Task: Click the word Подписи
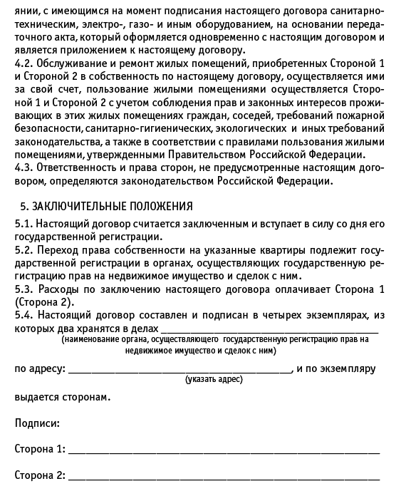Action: [37, 423]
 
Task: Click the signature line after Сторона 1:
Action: [224, 452]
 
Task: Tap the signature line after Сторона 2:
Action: [224, 477]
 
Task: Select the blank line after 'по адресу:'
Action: [179, 371]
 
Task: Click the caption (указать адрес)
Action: [213, 379]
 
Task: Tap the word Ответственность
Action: [76, 168]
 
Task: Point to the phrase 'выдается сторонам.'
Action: [63, 396]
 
